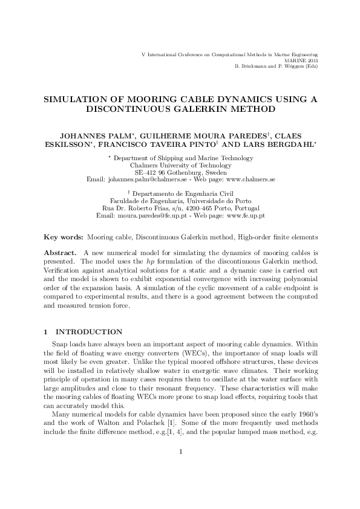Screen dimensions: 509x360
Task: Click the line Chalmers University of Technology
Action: click(x=180, y=165)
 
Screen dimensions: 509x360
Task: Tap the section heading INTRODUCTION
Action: click(x=89, y=332)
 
